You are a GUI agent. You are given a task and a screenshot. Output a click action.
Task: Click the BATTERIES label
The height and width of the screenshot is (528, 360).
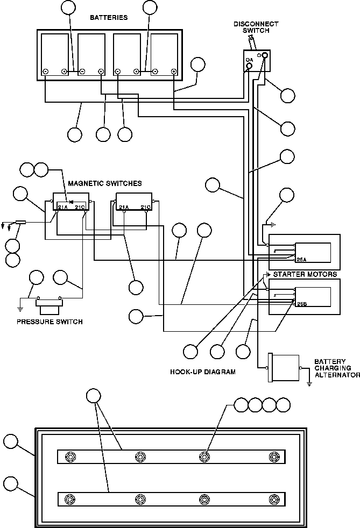(109, 18)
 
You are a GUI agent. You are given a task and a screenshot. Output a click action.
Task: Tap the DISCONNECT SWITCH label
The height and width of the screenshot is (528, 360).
(256, 27)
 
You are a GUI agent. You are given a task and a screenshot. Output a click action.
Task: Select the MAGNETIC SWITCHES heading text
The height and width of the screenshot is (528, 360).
(105, 183)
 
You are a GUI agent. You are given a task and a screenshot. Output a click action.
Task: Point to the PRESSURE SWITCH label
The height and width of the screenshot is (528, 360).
(50, 322)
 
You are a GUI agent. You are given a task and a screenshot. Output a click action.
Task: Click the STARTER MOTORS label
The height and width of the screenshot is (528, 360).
(305, 274)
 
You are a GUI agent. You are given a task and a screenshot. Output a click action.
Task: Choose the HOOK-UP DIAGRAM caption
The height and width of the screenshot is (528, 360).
(202, 372)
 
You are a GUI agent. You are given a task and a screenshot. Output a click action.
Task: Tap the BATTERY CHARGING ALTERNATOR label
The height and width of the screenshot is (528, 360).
(337, 368)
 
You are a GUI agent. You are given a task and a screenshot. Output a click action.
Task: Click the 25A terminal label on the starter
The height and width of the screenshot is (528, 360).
(301, 260)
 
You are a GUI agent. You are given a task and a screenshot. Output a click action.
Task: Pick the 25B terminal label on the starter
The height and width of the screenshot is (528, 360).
(301, 304)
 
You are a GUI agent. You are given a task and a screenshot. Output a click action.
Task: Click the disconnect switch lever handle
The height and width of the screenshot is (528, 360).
(251, 43)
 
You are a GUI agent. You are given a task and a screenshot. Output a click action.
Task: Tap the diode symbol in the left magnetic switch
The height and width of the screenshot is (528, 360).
(71, 202)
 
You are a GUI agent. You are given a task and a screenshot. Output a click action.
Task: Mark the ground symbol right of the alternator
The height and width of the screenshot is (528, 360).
(309, 383)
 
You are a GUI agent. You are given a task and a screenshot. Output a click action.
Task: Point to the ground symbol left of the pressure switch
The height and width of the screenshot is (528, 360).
(20, 309)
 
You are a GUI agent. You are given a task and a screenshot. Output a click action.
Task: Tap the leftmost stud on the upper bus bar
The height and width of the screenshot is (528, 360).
(70, 457)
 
